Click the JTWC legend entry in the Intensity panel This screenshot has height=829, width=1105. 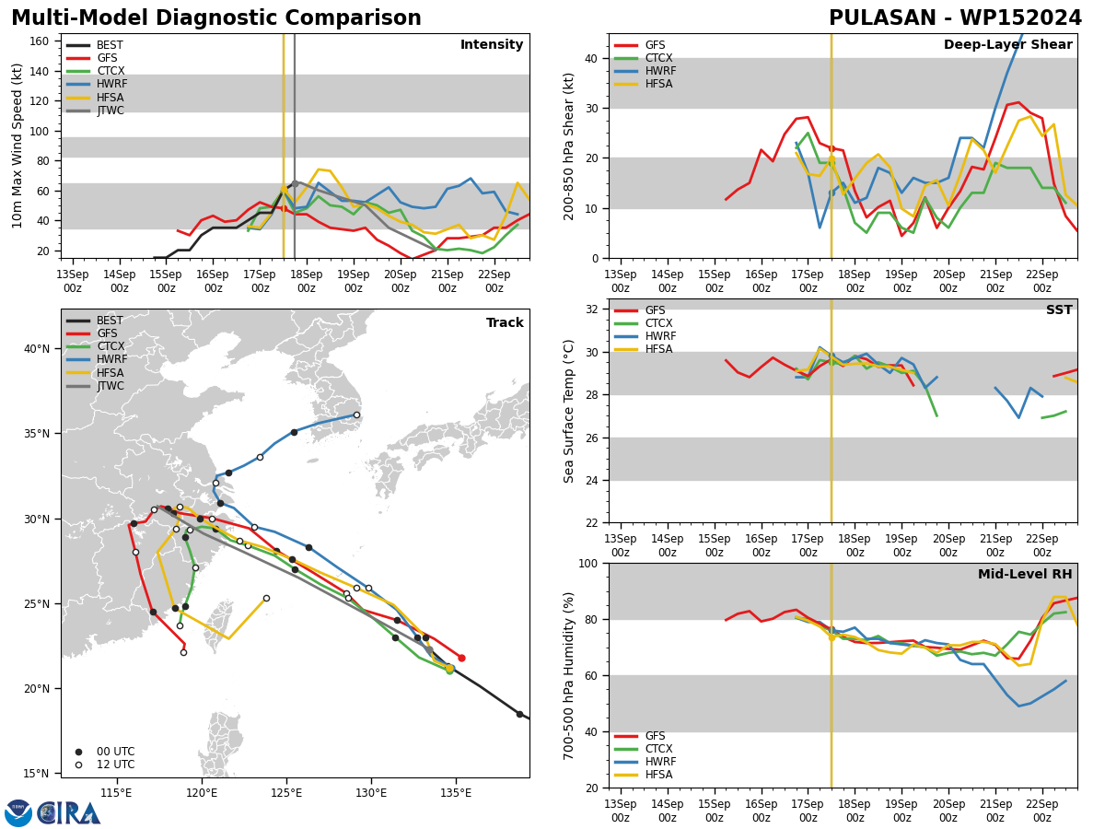tap(110, 111)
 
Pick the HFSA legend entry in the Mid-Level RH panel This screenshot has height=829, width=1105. tap(659, 775)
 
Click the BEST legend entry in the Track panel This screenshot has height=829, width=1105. tap(110, 321)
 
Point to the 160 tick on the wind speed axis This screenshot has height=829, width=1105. tap(39, 41)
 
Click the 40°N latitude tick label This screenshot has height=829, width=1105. tap(37, 349)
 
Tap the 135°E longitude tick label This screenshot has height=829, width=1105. tap(456, 794)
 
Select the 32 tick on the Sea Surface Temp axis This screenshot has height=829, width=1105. tap(591, 309)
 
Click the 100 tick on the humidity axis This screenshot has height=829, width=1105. tap(588, 564)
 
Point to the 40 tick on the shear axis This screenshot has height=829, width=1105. tap(591, 59)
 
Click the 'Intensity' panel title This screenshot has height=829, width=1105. tap(492, 44)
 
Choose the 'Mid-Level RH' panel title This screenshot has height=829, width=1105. tap(1025, 574)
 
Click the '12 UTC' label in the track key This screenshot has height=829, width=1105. tap(116, 765)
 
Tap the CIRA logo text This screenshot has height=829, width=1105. tap(69, 813)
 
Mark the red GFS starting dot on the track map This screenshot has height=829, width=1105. tap(461, 658)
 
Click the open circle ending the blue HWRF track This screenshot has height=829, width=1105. tap(356, 415)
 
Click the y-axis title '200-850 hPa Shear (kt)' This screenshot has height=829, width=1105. tap(569, 146)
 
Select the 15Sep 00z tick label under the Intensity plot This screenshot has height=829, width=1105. tap(166, 281)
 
